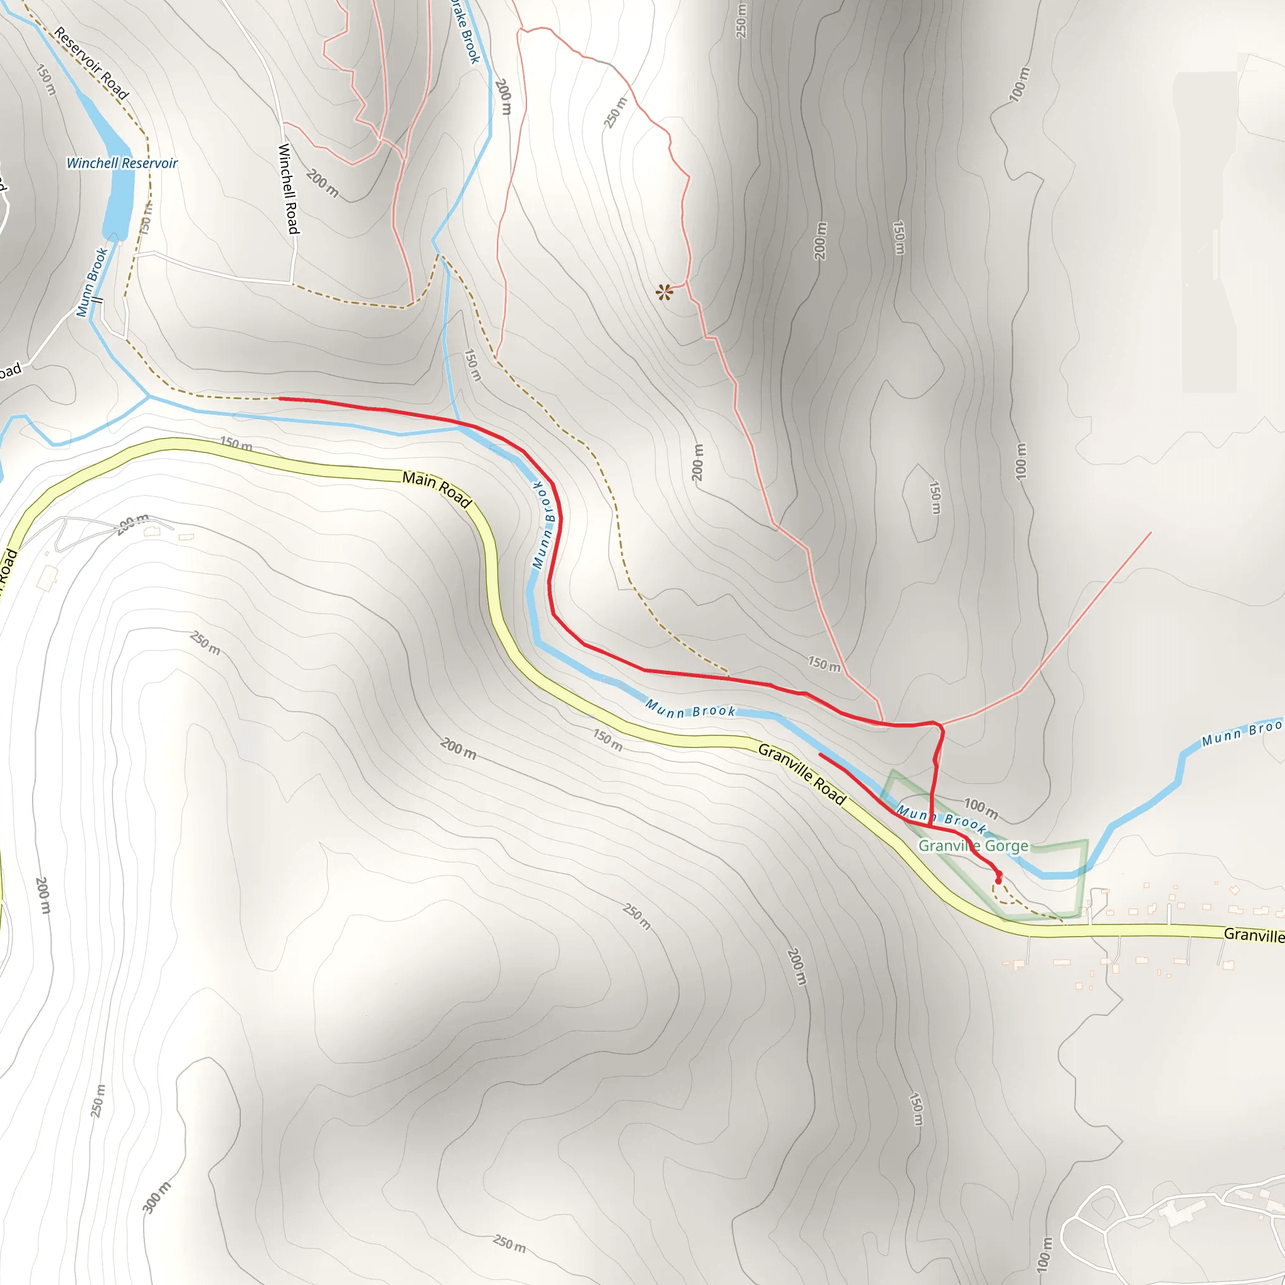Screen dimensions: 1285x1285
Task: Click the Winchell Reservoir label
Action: [x=122, y=164]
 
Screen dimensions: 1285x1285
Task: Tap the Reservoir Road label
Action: [x=91, y=63]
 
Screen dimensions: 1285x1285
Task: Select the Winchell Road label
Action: [x=289, y=189]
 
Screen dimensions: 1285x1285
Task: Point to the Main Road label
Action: [x=437, y=489]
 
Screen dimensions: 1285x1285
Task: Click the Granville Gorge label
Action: [x=973, y=846]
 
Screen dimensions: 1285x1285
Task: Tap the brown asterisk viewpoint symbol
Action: [x=664, y=292]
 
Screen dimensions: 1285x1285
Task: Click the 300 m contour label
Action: [x=156, y=1198]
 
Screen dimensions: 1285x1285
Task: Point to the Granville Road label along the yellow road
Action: [x=802, y=775]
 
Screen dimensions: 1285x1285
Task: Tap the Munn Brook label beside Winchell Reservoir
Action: [x=92, y=282]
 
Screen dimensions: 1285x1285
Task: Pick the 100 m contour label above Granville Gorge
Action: [x=981, y=809]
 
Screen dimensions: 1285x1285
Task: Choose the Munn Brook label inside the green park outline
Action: [x=941, y=819]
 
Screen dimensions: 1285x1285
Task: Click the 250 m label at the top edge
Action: [x=741, y=20]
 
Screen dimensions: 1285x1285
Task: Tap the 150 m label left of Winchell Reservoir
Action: [x=45, y=80]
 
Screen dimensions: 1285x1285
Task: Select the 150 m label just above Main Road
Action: [x=236, y=444]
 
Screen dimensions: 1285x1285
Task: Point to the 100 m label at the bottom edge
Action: [x=1044, y=1254]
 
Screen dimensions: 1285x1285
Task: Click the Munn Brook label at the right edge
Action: [x=1241, y=732]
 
